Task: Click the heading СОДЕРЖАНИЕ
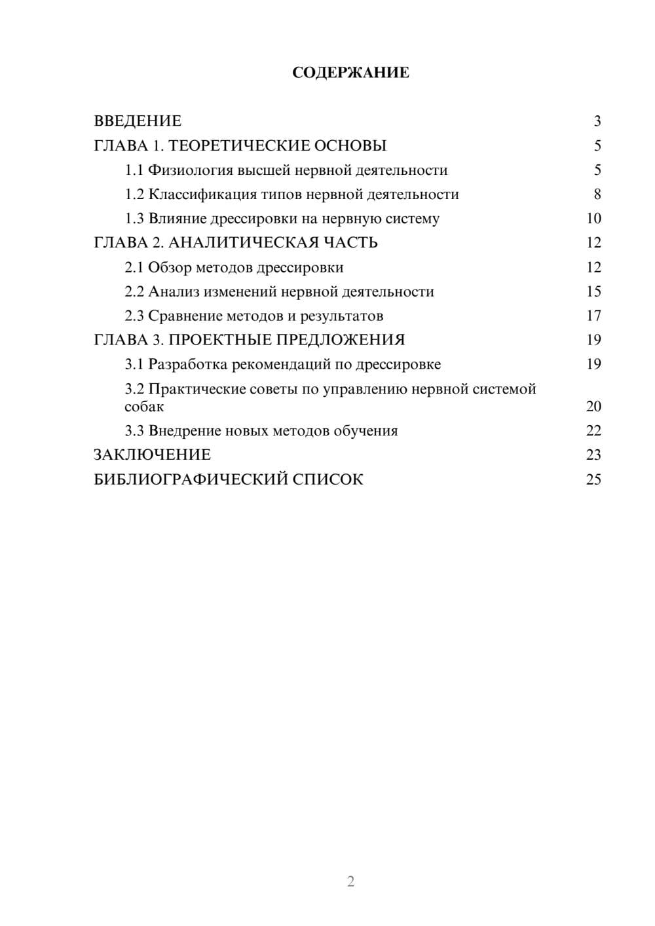[x=350, y=73]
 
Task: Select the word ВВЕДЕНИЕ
[x=138, y=121]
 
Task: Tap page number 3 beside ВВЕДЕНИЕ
[x=597, y=121]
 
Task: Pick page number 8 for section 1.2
[x=597, y=194]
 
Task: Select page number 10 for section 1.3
[x=593, y=219]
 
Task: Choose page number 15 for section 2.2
[x=593, y=291]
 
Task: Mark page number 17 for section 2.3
[x=593, y=316]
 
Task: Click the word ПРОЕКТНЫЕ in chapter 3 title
[x=219, y=340]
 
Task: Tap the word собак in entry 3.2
[x=144, y=407]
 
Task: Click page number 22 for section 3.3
[x=593, y=431]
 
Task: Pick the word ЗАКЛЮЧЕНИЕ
[x=152, y=455]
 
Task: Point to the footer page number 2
[x=350, y=881]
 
